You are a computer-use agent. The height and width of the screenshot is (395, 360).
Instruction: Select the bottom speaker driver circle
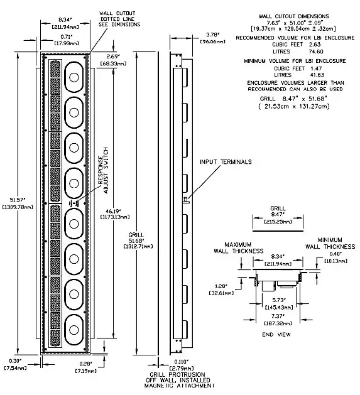tap(73, 326)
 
